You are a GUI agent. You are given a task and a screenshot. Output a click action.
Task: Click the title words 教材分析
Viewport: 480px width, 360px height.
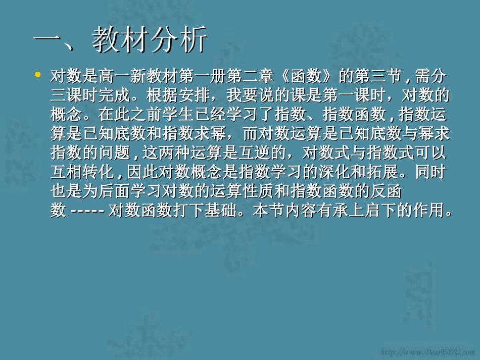point(150,40)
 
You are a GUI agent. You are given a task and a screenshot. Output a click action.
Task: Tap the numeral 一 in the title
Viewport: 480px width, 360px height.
point(50,40)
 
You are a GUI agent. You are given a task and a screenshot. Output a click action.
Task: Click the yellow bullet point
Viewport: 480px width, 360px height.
point(37,75)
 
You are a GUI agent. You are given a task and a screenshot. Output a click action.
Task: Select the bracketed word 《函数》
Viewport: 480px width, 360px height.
point(306,77)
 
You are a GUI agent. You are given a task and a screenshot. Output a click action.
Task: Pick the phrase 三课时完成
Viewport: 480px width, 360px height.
point(87,96)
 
